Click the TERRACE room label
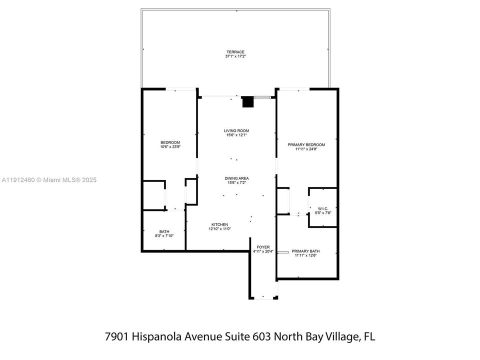click(235, 52)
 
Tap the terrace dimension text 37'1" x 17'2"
click(235, 56)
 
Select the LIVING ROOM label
click(236, 131)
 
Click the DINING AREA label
click(236, 178)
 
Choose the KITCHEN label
click(219, 224)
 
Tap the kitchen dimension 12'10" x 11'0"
click(219, 229)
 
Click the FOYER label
click(263, 247)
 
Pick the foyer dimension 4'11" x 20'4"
click(263, 251)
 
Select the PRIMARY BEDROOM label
click(306, 144)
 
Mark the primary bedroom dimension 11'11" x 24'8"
click(306, 149)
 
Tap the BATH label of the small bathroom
click(164, 231)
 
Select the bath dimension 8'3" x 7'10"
click(164, 236)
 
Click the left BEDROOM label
click(170, 142)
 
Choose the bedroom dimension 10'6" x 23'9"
click(170, 146)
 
